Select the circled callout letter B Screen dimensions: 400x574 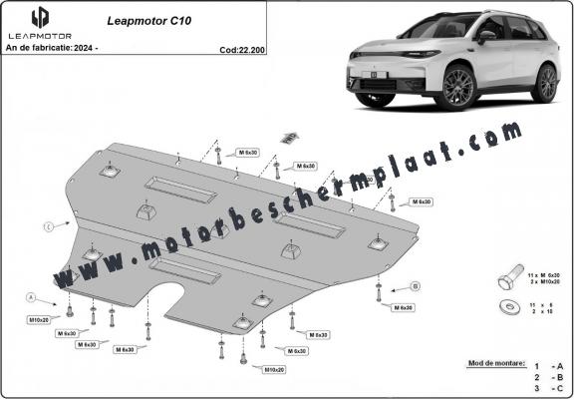click(x=413, y=286)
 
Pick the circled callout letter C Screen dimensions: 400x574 click(x=48, y=226)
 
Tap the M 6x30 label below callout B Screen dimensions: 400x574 click(x=403, y=308)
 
